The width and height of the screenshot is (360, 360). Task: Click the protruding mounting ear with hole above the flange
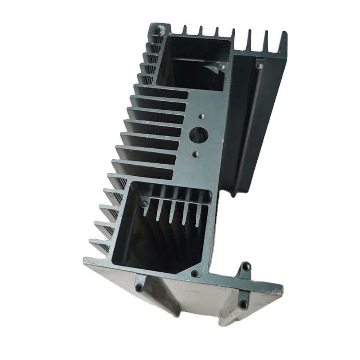click(245, 269)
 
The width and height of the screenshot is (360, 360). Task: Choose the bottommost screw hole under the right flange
click(243, 304)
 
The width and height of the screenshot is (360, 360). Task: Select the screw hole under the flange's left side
click(140, 287)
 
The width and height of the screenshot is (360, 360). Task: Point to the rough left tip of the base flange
click(86, 261)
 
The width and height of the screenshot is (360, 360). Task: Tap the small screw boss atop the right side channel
click(259, 64)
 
